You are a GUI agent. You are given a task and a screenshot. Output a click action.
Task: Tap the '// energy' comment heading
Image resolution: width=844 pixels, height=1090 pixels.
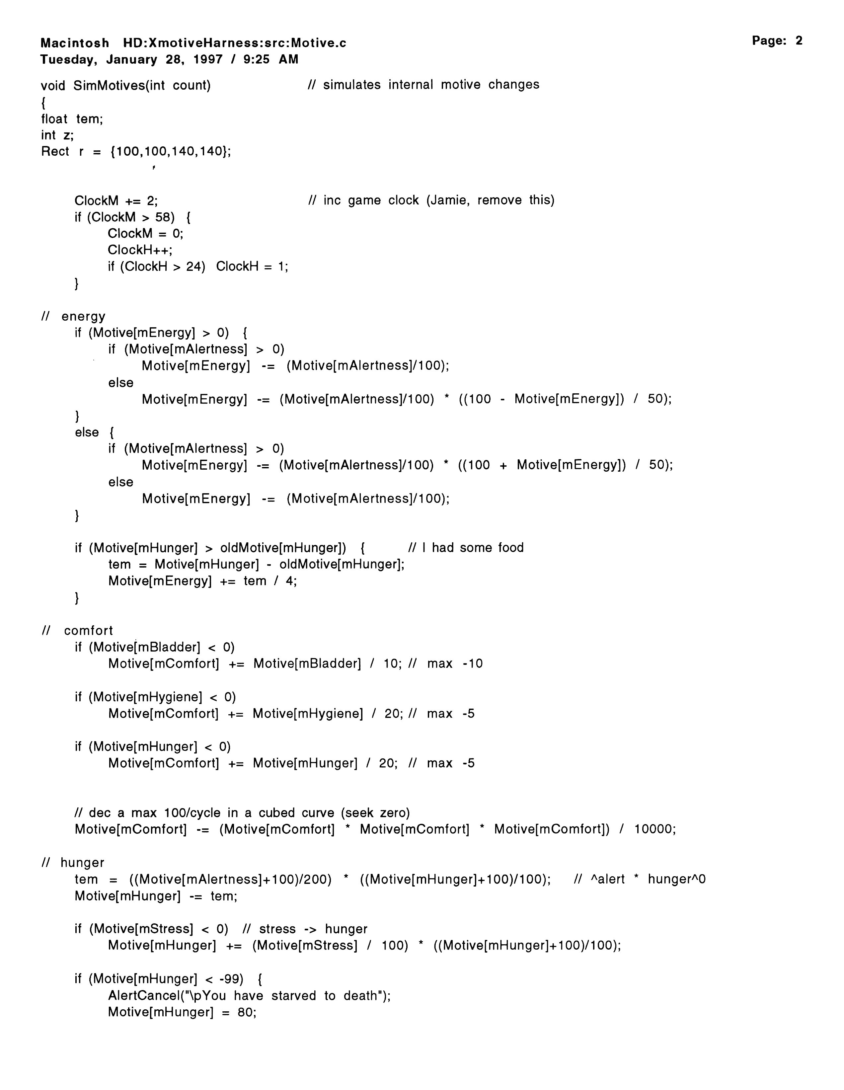(73, 316)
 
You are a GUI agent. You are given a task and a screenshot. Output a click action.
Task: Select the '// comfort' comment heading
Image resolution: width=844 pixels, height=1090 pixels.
(77, 631)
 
